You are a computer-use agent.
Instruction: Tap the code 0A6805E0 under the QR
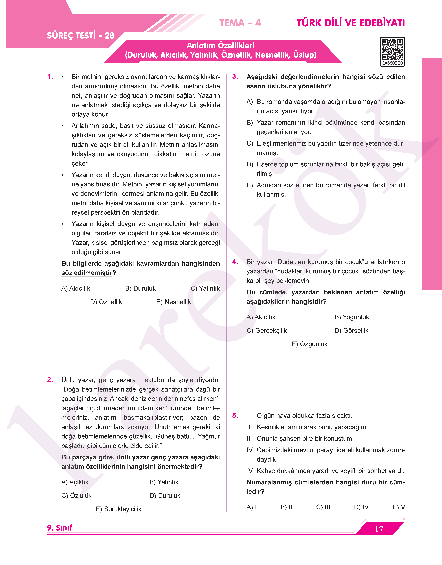(x=392, y=63)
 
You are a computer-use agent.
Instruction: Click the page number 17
(x=379, y=529)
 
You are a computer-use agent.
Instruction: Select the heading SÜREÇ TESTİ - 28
(x=80, y=35)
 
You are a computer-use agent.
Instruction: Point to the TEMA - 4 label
(x=240, y=23)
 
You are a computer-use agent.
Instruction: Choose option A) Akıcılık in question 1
(x=76, y=288)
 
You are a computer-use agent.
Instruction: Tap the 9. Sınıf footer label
(x=60, y=528)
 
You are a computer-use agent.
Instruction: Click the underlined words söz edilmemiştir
(x=87, y=273)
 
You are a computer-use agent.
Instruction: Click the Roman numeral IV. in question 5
(x=250, y=450)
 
